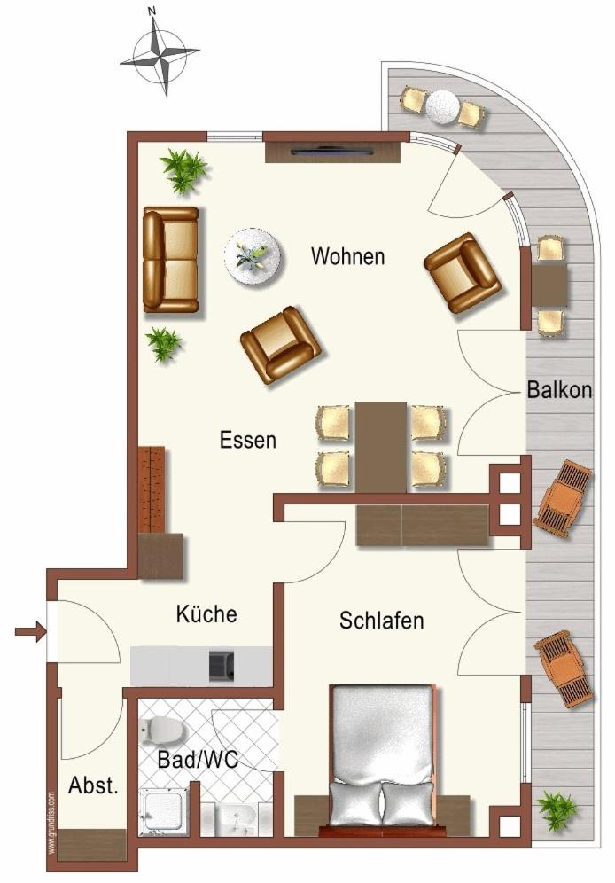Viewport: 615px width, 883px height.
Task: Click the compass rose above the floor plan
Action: pyautogui.click(x=160, y=55)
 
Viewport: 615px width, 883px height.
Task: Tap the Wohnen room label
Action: pyautogui.click(x=347, y=256)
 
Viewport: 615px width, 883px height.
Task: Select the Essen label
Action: pyautogui.click(x=247, y=440)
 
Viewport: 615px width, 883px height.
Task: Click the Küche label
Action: pyautogui.click(x=206, y=613)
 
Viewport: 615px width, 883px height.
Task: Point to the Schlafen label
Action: pyautogui.click(x=381, y=620)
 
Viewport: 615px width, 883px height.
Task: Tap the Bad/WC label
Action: pyautogui.click(x=198, y=759)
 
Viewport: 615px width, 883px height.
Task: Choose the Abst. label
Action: pyautogui.click(x=93, y=785)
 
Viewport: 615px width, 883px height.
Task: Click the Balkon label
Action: pyautogui.click(x=559, y=389)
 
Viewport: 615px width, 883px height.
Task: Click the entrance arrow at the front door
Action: pyautogui.click(x=29, y=631)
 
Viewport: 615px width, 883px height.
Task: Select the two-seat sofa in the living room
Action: pyautogui.click(x=170, y=259)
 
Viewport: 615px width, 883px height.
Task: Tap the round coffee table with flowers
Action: pyautogui.click(x=253, y=257)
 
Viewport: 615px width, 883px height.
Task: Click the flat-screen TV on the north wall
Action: pyautogui.click(x=332, y=151)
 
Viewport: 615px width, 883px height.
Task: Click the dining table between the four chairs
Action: pyautogui.click(x=381, y=446)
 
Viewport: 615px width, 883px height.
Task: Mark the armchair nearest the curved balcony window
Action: pyautogui.click(x=463, y=273)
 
